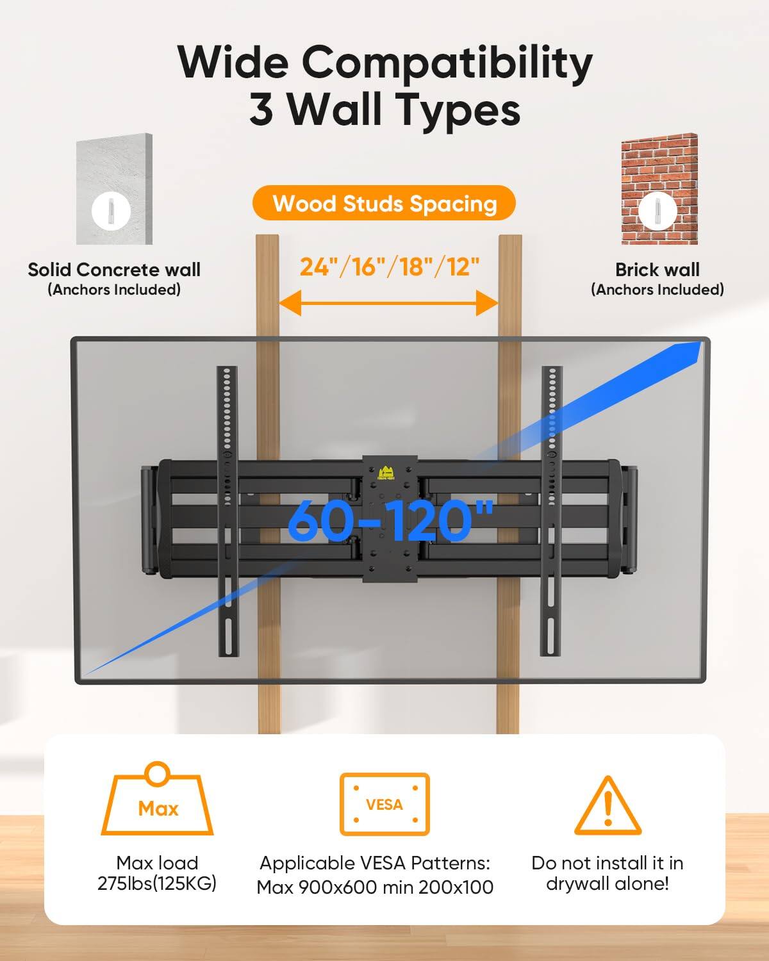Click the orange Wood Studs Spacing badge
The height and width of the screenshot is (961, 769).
click(384, 204)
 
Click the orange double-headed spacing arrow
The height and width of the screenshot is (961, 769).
click(388, 302)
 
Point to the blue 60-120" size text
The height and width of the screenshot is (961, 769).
click(391, 520)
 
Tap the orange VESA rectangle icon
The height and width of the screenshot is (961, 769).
click(384, 804)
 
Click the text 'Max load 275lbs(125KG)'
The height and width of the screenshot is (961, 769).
click(157, 873)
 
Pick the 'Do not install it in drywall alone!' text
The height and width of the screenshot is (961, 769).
click(607, 873)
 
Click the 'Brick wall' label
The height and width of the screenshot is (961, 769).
click(657, 270)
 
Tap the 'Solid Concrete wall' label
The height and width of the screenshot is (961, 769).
click(114, 270)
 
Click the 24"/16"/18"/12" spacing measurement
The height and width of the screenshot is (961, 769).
click(390, 266)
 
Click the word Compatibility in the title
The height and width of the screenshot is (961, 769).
click(447, 63)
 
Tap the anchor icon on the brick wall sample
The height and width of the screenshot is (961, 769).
click(658, 209)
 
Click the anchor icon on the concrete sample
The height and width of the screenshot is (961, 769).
click(112, 211)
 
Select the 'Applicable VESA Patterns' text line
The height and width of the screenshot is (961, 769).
click(375, 863)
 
